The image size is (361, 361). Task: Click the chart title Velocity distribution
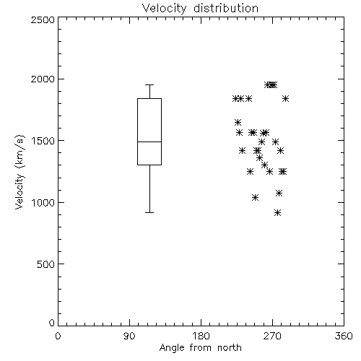tap(200, 8)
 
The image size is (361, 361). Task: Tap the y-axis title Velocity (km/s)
tap(19, 172)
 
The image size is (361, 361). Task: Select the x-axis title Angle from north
tap(200, 347)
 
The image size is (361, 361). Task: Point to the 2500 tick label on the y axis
tap(43, 19)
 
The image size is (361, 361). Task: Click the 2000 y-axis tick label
tap(43, 79)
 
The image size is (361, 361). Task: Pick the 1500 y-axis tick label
tap(43, 141)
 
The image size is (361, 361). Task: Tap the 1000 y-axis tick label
tap(43, 203)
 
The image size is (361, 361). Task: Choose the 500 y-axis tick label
tap(46, 264)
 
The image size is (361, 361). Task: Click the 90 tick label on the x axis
tap(129, 336)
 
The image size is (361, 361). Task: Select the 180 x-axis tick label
tap(201, 336)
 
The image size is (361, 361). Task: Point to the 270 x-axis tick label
tap(272, 336)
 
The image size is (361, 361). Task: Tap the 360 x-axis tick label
tap(344, 336)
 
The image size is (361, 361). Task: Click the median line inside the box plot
tap(149, 142)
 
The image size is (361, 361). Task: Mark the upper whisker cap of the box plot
tap(149, 84)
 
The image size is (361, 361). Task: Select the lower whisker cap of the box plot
tap(149, 212)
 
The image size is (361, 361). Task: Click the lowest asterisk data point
tap(278, 212)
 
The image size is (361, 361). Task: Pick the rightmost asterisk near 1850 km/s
tap(285, 98)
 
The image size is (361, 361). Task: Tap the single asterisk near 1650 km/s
tap(238, 122)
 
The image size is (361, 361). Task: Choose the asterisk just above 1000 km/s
tap(256, 198)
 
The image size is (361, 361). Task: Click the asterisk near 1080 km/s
tap(279, 193)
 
